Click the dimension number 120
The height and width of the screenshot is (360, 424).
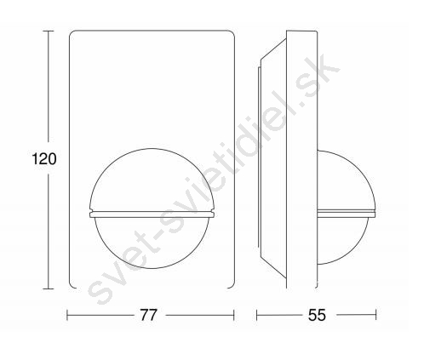click(x=44, y=158)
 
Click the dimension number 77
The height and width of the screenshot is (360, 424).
click(x=148, y=315)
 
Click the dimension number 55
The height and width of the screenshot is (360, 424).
click(x=318, y=315)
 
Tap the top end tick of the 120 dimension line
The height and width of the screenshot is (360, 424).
click(x=48, y=31)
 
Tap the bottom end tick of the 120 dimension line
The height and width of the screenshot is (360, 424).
click(x=48, y=289)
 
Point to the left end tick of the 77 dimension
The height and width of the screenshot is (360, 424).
click(x=67, y=315)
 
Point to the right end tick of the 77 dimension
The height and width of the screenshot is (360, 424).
click(x=234, y=315)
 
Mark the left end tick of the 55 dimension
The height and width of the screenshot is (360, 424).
click(x=257, y=315)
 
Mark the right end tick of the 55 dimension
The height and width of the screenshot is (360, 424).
click(x=376, y=315)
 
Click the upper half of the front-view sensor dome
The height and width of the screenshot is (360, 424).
click(x=152, y=149)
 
